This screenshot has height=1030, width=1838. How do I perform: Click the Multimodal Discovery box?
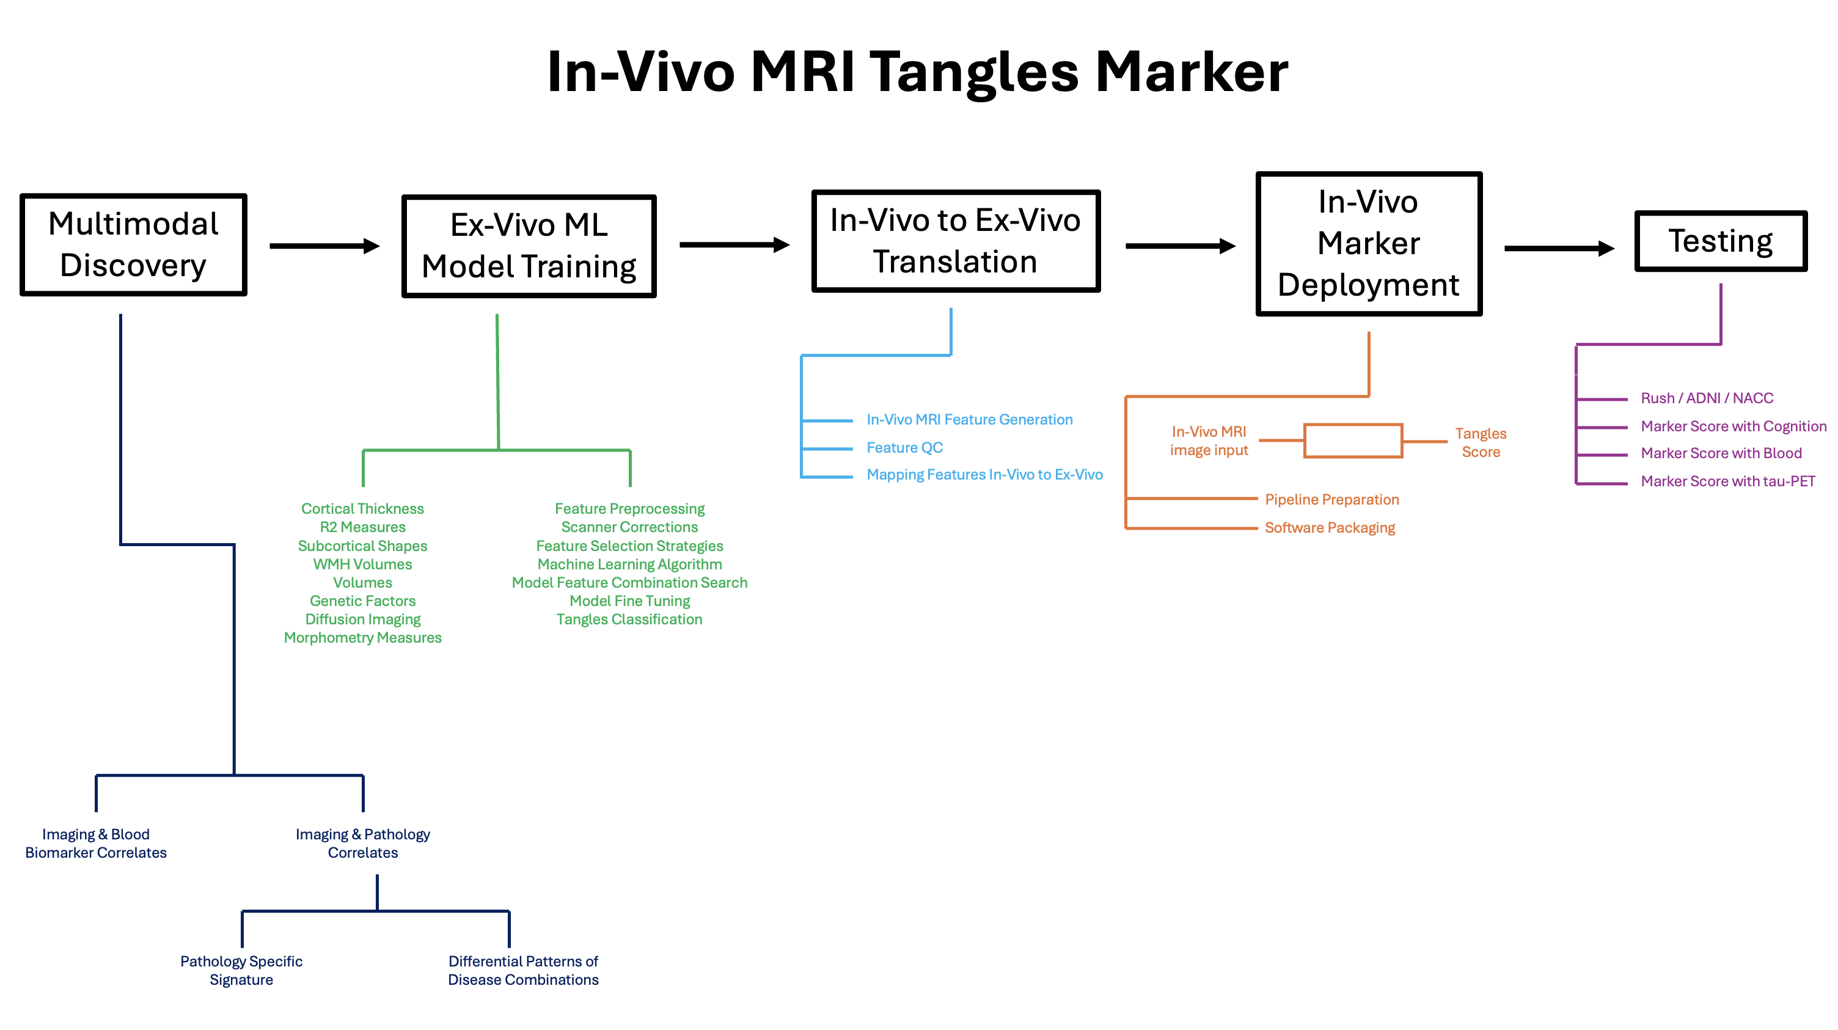coord(133,244)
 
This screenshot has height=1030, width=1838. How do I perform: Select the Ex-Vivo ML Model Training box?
coord(529,246)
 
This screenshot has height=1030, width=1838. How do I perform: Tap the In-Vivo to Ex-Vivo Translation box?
coord(956,241)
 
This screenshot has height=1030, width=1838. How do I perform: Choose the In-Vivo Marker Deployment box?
coord(1369,244)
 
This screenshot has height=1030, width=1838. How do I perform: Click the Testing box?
coord(1720,241)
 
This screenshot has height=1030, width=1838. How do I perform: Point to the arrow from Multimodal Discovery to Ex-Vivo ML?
coord(324,246)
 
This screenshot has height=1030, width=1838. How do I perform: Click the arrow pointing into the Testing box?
coord(1558,248)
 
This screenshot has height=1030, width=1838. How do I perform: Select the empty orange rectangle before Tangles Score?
coord(1353,441)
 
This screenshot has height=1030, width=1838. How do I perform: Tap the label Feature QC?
coord(904,448)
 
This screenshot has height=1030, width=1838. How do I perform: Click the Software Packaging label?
coord(1329,528)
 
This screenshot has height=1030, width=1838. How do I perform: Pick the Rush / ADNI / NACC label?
coord(1707,398)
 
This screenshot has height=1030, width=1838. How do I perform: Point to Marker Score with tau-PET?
coord(1727,481)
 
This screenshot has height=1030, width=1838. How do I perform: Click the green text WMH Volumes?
coord(362,564)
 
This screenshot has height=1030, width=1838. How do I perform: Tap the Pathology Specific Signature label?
coord(241,970)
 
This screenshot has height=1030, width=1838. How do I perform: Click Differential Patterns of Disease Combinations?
coord(523,970)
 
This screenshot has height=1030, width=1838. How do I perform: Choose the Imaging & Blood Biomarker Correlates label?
coord(95,843)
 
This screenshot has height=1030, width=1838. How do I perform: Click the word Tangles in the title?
coord(974,73)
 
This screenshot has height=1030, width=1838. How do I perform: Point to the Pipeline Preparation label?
coord(1331,500)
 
